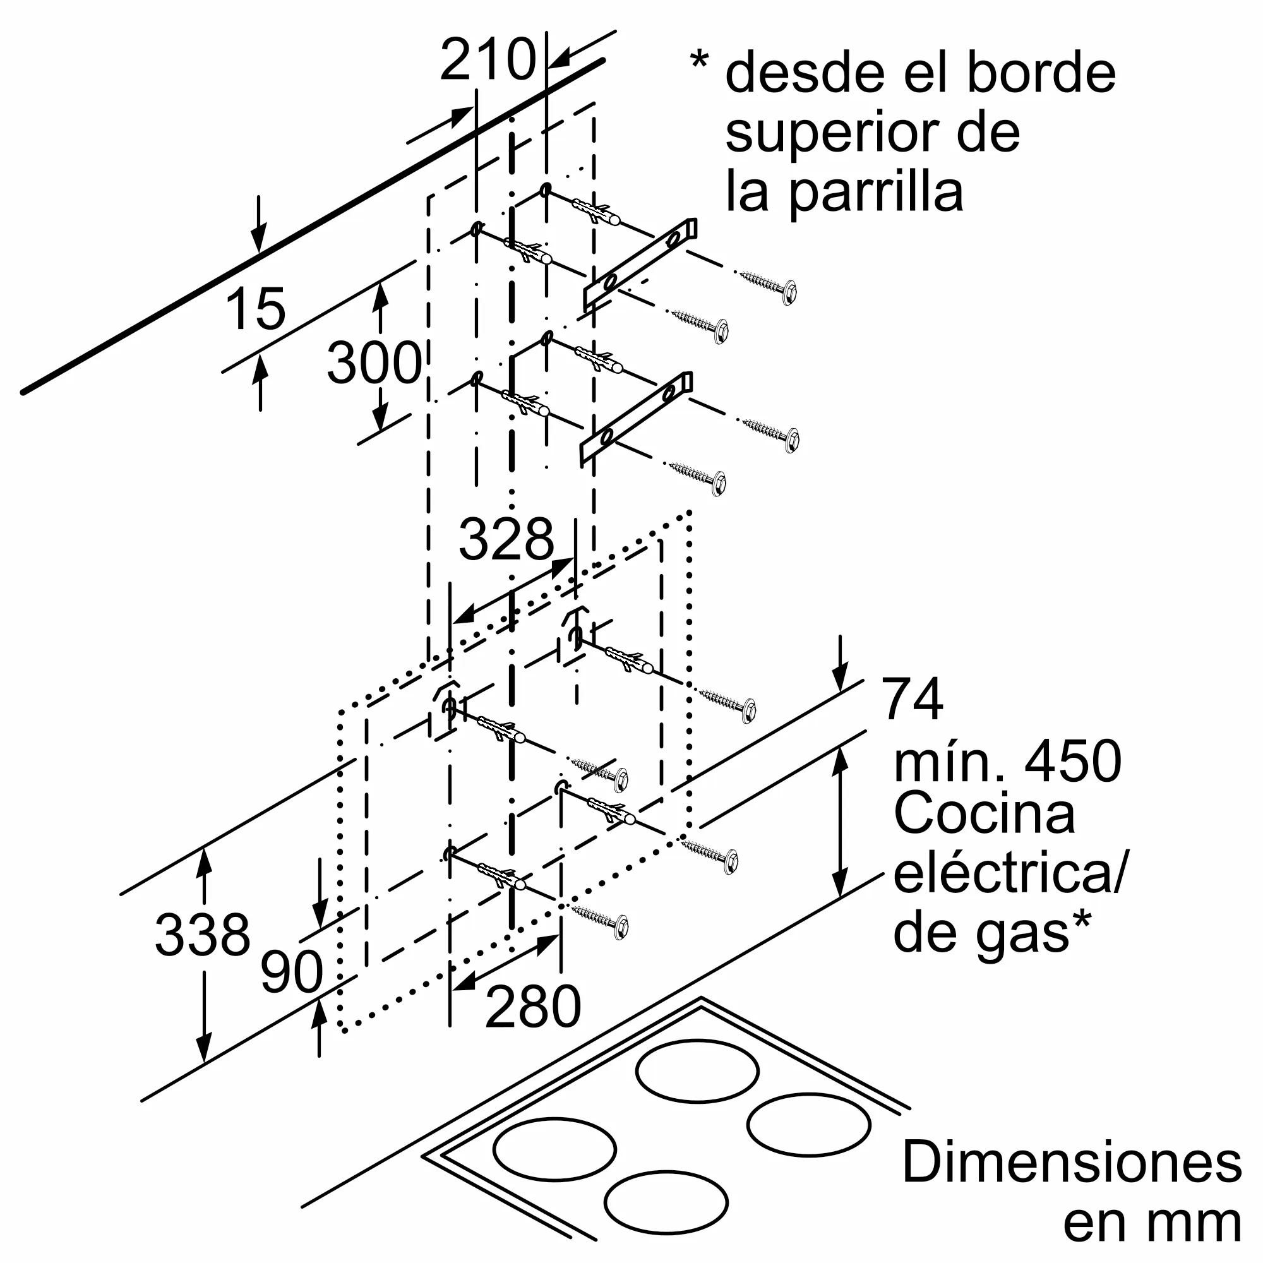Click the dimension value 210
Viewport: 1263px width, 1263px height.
[x=488, y=60]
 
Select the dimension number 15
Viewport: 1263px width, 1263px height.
[x=255, y=309]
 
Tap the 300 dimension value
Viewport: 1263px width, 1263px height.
[x=374, y=363]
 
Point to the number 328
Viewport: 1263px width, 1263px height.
[x=506, y=539]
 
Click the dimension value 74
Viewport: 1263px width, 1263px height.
[x=912, y=698]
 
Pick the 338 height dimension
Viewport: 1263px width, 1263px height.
[x=203, y=934]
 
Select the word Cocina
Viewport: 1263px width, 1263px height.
[x=985, y=814]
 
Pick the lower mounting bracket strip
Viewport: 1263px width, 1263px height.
[x=636, y=419]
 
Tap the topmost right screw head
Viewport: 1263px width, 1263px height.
[x=789, y=292]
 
